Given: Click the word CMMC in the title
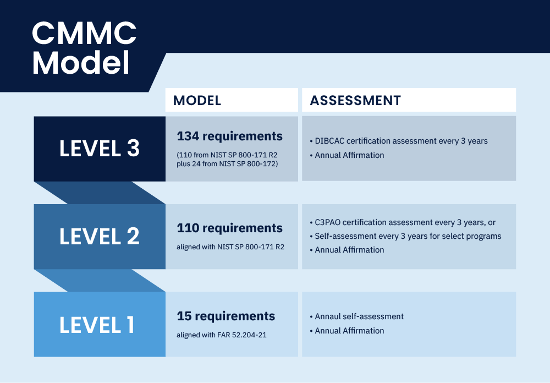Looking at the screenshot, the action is [84, 33].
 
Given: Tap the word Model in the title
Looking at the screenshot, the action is [81, 63].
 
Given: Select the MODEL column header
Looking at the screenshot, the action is [197, 100].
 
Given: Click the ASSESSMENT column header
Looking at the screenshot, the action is [355, 100].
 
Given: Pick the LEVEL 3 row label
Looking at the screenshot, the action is [100, 148].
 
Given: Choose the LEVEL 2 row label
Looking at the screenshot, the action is [100, 236].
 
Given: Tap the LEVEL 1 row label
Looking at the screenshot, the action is [97, 325].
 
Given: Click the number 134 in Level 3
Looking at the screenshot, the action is [188, 136].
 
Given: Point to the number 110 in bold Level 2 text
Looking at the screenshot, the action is [188, 228].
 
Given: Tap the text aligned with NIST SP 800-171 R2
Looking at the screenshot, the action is [230, 247].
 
